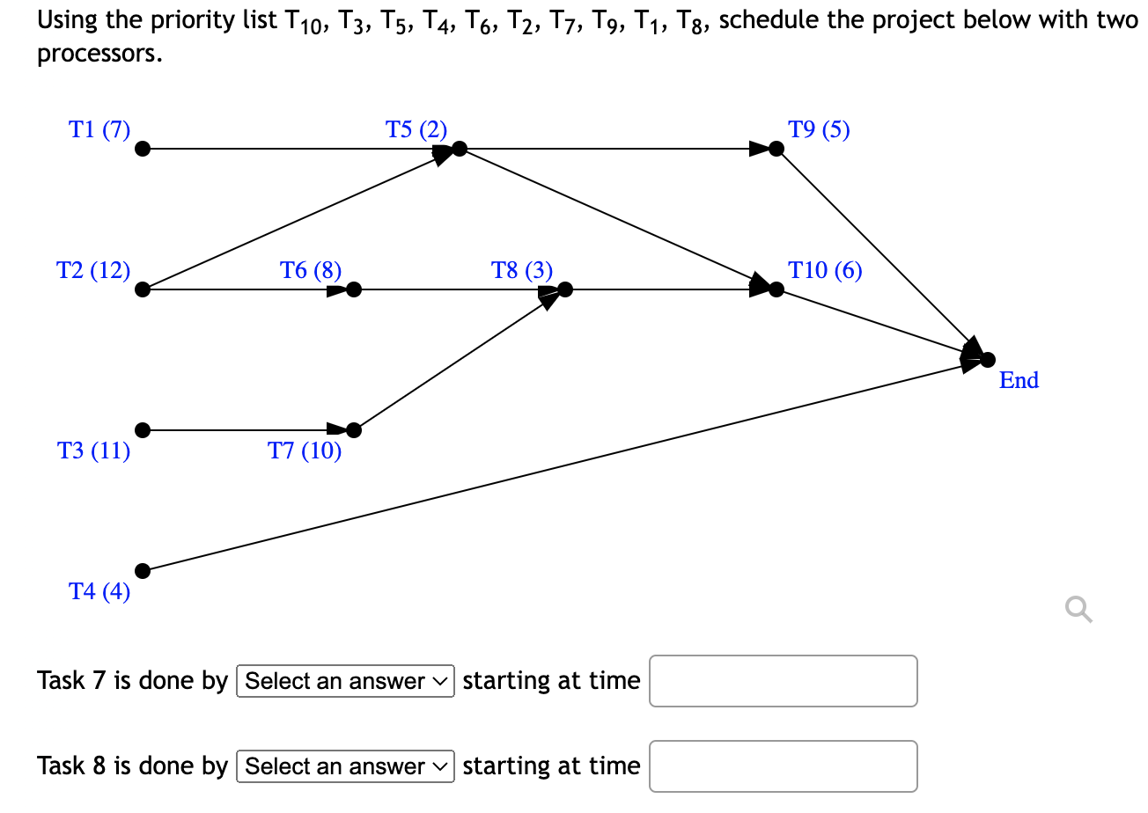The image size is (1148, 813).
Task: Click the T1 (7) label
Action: (x=99, y=130)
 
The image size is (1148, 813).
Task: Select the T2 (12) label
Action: (x=93, y=270)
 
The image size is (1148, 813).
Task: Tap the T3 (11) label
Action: (x=93, y=451)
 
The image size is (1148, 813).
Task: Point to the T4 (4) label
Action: (x=99, y=591)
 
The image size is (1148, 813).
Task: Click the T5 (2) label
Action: (x=416, y=130)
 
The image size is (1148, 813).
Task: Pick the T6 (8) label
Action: (x=311, y=270)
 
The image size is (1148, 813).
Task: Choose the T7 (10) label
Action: (x=305, y=451)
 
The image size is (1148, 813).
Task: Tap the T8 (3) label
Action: (x=522, y=270)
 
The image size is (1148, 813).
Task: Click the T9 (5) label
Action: (x=820, y=130)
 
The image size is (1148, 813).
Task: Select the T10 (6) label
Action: (x=825, y=270)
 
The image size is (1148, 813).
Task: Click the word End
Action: (x=1019, y=380)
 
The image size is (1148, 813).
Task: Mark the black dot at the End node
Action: (x=988, y=359)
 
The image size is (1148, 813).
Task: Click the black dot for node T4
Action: (x=143, y=571)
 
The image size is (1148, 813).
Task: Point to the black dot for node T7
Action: (x=354, y=430)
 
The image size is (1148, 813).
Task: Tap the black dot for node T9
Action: (x=776, y=149)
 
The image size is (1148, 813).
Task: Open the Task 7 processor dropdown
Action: (x=346, y=681)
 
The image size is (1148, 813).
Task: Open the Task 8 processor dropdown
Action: (x=346, y=766)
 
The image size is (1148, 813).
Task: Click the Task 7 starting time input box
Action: (x=784, y=681)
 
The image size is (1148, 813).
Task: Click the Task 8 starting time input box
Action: (x=784, y=766)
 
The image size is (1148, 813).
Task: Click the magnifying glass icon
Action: (x=1078, y=608)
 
